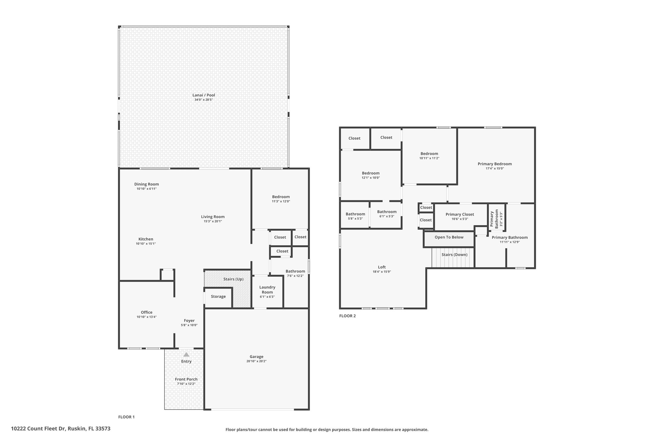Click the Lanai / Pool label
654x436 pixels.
click(204, 95)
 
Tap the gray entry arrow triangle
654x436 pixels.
click(186, 354)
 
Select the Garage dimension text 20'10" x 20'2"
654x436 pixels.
click(256, 361)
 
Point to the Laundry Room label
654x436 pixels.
click(267, 290)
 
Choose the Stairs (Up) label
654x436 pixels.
click(233, 279)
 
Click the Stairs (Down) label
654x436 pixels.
click(454, 255)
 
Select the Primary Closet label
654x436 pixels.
click(460, 214)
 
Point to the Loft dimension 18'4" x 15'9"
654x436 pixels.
click(382, 272)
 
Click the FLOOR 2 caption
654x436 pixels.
click(347, 316)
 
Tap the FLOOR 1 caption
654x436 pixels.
click(126, 417)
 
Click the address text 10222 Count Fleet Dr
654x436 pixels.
click(38, 429)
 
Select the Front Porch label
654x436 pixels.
click(186, 379)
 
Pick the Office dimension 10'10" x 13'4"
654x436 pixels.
click(147, 317)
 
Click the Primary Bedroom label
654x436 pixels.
click(495, 164)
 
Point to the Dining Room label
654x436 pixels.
click(147, 184)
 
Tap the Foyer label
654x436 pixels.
click(189, 321)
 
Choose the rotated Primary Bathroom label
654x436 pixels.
click(494, 219)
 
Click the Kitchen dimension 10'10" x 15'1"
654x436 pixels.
click(146, 244)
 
